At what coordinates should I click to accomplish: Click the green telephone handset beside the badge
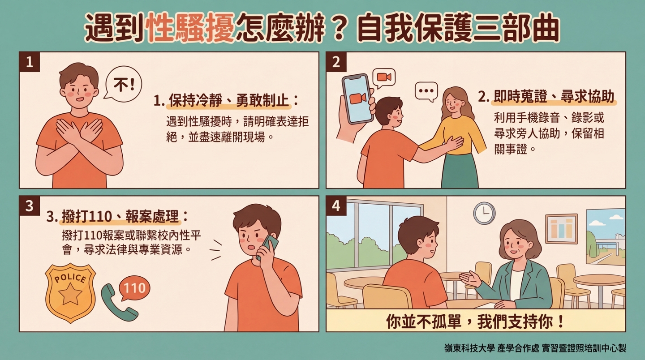coord(118,303)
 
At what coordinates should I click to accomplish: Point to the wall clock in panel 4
coord(484,213)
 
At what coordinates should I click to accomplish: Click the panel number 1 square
coord(30,62)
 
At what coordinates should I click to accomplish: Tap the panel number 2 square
coord(336,62)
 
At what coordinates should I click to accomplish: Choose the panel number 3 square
coord(30,206)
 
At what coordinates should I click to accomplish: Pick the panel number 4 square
coord(336,206)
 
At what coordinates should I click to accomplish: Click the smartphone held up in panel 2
coord(357,99)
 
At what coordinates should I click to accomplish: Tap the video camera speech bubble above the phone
coord(384,77)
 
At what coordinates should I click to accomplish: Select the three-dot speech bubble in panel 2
coord(426,92)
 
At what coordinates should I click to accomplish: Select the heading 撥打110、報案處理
coord(119,217)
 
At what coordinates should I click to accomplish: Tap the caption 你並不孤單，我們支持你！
coord(475,321)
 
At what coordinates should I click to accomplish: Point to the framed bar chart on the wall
coord(561,228)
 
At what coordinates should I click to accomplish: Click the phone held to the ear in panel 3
coord(268,246)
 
